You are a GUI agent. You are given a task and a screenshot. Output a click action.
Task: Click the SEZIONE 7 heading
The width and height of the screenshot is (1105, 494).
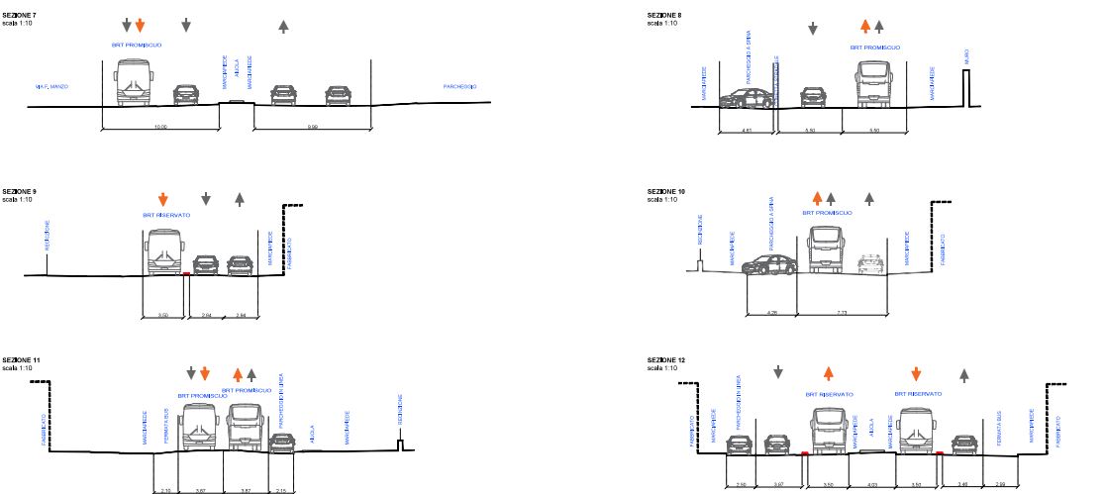20,15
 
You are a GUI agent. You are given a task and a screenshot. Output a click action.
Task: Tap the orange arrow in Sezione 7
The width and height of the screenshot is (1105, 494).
140,25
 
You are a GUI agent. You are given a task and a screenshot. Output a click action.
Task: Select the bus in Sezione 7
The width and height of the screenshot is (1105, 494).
133,83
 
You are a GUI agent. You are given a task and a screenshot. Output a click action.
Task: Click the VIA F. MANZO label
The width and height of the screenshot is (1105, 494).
49,87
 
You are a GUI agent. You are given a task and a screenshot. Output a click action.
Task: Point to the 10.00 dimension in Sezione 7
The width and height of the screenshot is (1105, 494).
159,127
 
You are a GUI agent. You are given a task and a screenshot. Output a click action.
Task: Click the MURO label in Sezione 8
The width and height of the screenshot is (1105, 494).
966,59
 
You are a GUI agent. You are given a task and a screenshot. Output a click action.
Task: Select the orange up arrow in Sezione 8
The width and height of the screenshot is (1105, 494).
864,27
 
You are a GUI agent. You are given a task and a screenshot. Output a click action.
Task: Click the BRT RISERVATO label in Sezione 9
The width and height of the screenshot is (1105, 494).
165,215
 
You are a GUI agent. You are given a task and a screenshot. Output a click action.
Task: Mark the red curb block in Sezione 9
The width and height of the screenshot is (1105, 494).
185,274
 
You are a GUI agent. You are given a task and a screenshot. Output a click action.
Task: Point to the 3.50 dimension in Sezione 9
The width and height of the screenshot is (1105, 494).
164,315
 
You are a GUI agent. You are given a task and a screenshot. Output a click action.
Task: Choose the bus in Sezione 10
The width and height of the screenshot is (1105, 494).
827,248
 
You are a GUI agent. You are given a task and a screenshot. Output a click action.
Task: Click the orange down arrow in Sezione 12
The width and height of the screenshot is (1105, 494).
916,373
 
